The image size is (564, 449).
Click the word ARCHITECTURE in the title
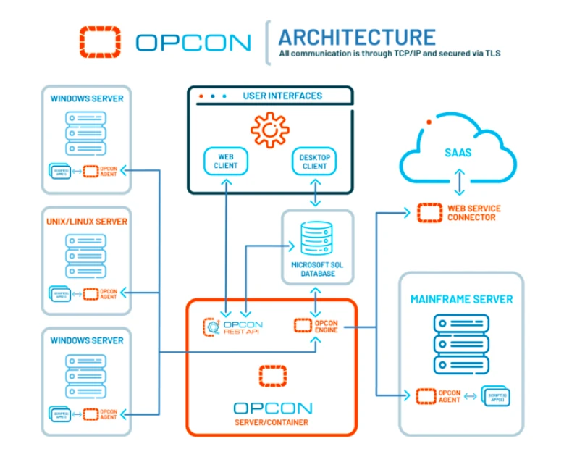pos(357,37)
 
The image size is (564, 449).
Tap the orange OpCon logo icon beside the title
pos(100,42)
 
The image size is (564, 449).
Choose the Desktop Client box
pos(314,161)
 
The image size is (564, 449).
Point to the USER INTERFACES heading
pos(282,96)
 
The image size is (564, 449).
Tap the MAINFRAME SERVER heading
pos(461,298)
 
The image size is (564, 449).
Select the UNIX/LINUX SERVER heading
pos(86,222)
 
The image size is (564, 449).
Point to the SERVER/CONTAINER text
pos(272,422)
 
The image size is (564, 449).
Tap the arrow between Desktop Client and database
pos(315,193)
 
